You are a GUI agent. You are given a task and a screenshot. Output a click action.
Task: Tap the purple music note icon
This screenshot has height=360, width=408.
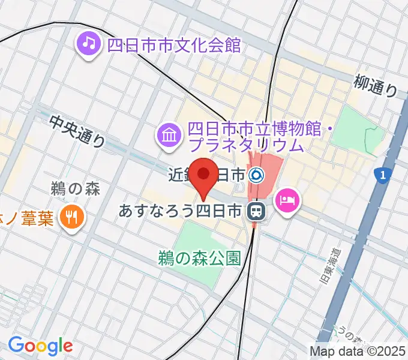89,44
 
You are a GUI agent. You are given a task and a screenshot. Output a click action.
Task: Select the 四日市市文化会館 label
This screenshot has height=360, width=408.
173,45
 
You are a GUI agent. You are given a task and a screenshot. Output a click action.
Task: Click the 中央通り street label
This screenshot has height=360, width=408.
77,131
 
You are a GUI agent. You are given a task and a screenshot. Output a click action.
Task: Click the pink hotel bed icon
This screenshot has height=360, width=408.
287,199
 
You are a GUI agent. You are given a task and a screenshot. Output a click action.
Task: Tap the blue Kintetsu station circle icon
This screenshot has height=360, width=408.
256,175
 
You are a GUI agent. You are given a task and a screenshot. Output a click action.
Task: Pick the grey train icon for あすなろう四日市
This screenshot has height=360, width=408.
256,211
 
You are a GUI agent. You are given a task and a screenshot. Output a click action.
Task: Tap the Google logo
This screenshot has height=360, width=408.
40,346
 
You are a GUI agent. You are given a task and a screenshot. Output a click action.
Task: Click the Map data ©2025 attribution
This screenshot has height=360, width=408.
358,350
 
